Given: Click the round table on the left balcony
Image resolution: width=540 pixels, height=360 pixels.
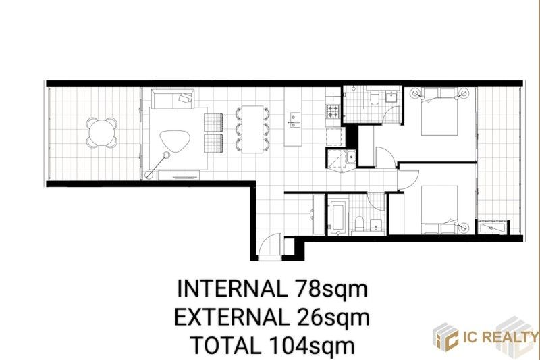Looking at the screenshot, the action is [x=101, y=132].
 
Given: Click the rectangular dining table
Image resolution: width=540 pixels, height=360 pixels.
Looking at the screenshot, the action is [x=252, y=129].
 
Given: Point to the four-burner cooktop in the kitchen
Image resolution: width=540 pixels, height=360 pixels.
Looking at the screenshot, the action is [x=332, y=111].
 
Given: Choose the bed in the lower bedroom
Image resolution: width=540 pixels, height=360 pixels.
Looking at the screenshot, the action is [x=439, y=210].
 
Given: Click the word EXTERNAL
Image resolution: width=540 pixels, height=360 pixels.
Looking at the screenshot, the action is [x=232, y=317].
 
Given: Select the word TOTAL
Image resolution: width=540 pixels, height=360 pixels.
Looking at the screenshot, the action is [x=225, y=345].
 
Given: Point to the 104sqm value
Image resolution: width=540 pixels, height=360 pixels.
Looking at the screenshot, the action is [x=312, y=346].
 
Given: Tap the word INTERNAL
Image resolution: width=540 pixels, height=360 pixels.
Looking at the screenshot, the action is [x=232, y=290].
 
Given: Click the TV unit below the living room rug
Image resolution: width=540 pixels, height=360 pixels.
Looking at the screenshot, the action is [x=178, y=175].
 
